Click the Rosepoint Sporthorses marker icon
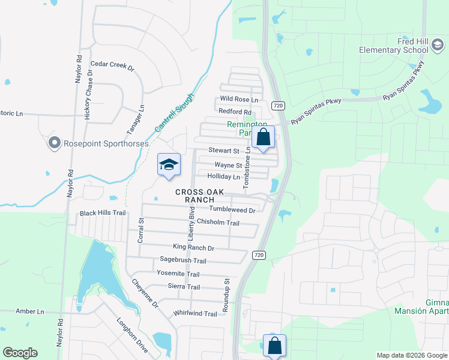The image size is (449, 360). (55, 143)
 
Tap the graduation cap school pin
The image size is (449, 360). (169, 164)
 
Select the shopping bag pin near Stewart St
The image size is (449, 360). (263, 137)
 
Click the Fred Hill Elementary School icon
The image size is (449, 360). (439, 45)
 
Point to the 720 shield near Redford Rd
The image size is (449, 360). (277, 106)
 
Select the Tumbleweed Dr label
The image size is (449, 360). (232, 209)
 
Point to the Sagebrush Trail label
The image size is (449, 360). (182, 260)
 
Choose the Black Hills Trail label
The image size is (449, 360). (103, 213)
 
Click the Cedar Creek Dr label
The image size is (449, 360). (112, 65)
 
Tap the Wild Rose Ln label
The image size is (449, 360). (239, 99)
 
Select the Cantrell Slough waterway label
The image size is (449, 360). (175, 112)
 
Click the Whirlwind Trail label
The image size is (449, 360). (194, 314)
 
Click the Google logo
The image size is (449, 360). (20, 352)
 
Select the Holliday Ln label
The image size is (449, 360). (223, 177)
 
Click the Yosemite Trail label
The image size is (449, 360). (178, 273)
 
